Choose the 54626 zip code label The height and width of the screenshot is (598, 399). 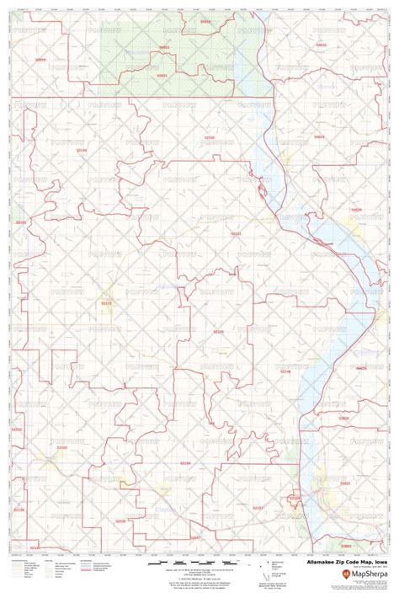coord(361,368)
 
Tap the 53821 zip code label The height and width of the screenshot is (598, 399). coord(345,483)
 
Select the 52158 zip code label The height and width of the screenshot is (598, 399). coord(294,499)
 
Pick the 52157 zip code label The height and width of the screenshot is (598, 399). coord(258,508)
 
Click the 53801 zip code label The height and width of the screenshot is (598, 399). coord(345,546)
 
